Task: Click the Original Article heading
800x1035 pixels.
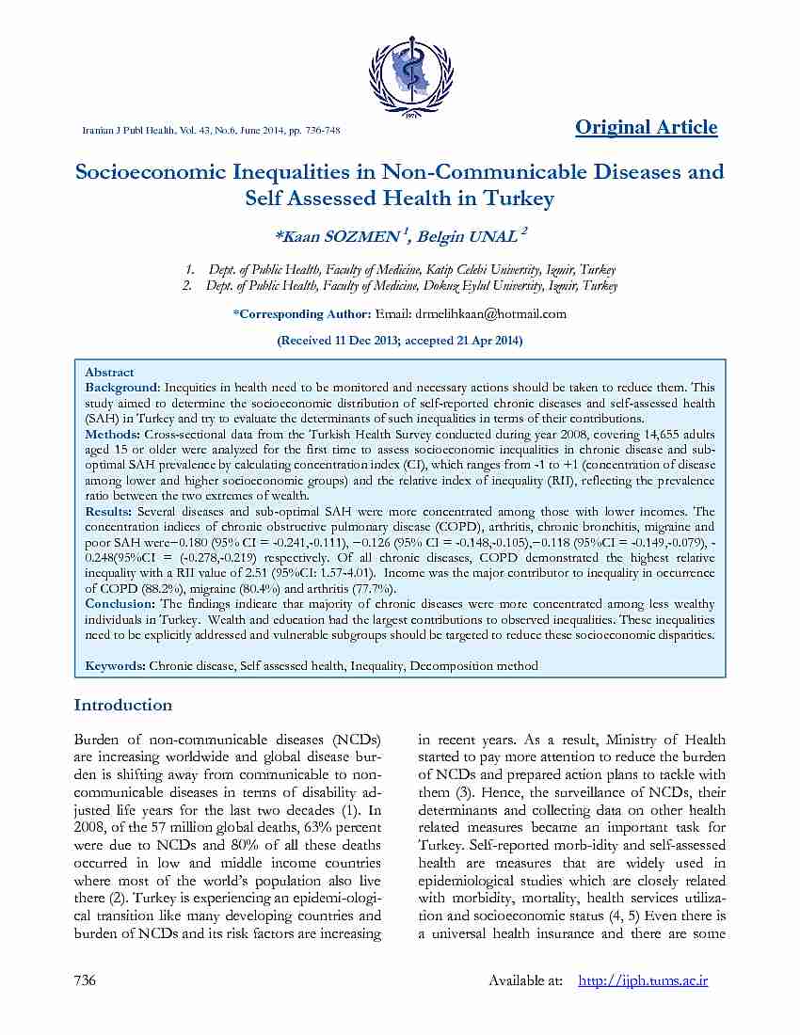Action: click(x=646, y=128)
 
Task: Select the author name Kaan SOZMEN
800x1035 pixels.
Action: click(x=340, y=235)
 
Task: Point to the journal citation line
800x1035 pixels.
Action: click(x=212, y=130)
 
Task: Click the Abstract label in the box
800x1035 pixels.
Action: click(x=109, y=373)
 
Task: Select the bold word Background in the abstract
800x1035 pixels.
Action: click(x=121, y=388)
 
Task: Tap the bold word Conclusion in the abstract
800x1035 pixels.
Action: click(x=120, y=604)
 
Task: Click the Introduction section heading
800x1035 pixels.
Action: click(x=123, y=705)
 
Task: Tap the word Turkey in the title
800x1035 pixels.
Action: click(x=518, y=199)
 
